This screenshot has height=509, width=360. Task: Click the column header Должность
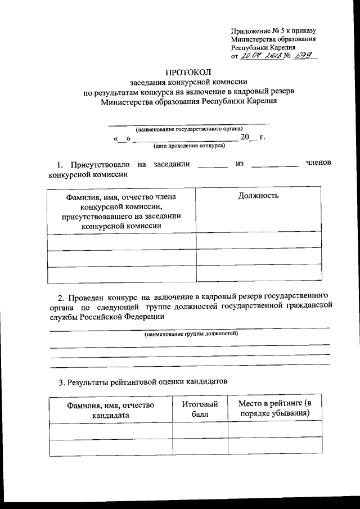(x=258, y=196)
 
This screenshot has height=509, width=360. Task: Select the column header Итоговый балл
(x=200, y=409)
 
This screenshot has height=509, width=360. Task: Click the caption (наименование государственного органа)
(x=188, y=128)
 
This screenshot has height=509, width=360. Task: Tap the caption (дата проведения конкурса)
(x=188, y=146)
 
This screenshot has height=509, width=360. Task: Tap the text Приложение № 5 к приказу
(x=274, y=30)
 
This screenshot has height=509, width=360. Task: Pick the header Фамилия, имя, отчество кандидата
(x=110, y=409)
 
